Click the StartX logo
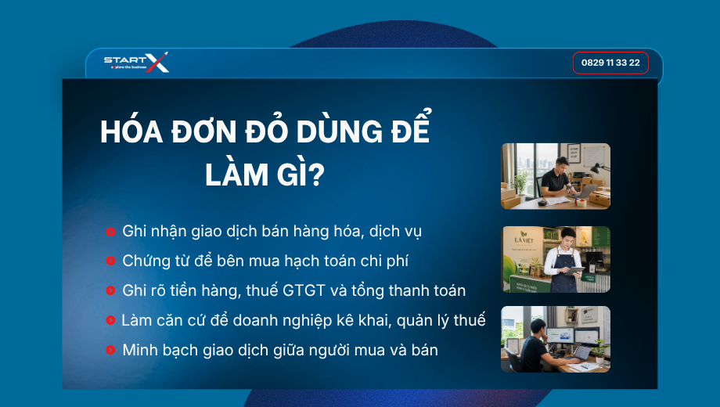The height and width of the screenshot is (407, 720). (x=136, y=62)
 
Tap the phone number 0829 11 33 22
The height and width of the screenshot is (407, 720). (x=610, y=63)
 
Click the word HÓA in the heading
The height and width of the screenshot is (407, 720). (x=131, y=131)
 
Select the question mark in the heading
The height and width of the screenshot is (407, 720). (x=316, y=175)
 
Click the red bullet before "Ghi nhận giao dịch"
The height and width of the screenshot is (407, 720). (x=110, y=232)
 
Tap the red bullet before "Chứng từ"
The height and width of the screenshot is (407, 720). (x=110, y=261)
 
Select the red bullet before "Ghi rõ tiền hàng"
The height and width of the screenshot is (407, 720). (x=110, y=290)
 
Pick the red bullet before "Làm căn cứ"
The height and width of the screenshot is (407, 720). (x=110, y=320)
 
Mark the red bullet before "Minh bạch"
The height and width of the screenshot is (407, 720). (x=110, y=350)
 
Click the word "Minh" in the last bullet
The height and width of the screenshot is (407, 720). (x=139, y=350)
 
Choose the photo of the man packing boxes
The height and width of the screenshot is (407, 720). (x=556, y=176)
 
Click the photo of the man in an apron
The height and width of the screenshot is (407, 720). (x=556, y=260)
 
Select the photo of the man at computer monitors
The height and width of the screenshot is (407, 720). (x=556, y=340)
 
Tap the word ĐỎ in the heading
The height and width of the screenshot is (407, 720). (x=266, y=131)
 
